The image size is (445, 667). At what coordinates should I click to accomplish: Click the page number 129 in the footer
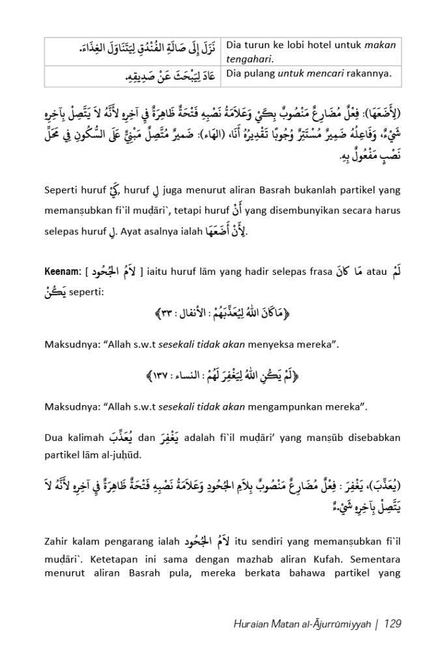tap(393, 624)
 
